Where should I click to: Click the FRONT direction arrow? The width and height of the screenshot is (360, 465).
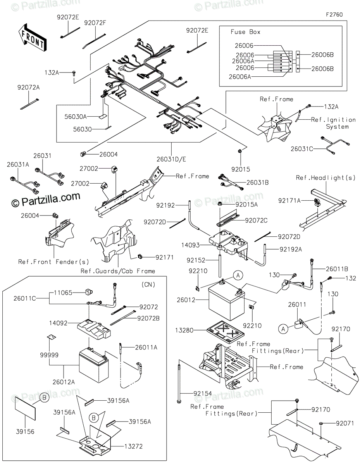click(x=33, y=38)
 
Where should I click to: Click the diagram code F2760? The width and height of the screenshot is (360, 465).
click(x=334, y=15)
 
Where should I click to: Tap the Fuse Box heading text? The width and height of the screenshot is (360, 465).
click(x=245, y=32)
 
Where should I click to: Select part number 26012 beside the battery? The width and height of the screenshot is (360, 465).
click(x=186, y=300)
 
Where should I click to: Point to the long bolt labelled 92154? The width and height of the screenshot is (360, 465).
click(x=179, y=382)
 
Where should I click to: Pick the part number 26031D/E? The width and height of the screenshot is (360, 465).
click(x=171, y=159)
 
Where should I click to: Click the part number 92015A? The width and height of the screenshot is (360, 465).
click(x=246, y=205)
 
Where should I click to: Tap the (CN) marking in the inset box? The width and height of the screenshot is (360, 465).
click(x=148, y=284)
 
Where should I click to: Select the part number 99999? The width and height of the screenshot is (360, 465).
click(x=49, y=355)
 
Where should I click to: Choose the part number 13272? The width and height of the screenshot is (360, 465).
click(x=133, y=446)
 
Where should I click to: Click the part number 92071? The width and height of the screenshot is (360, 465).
click(x=345, y=423)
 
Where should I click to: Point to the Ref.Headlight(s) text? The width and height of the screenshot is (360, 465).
click(x=326, y=177)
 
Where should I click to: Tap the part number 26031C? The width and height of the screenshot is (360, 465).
click(x=301, y=149)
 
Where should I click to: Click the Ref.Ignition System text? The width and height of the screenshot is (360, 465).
click(x=333, y=123)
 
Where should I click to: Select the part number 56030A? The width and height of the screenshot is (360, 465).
click(x=76, y=117)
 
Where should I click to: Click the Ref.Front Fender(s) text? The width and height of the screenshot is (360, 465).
click(x=53, y=262)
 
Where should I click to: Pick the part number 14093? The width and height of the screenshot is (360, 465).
click(x=190, y=245)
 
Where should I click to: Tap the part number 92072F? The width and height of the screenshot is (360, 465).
click(x=95, y=23)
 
